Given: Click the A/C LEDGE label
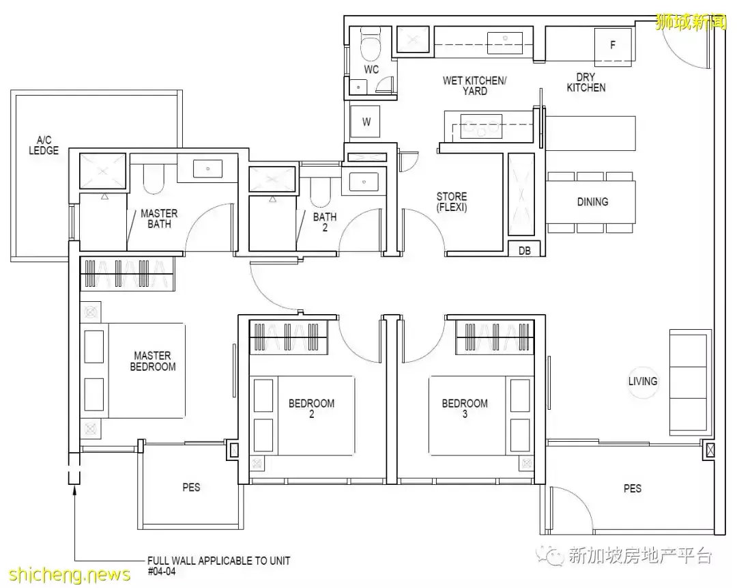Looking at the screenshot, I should (x=44, y=145).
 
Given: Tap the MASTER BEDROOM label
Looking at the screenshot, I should (x=153, y=361).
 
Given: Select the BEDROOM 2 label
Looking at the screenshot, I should (x=312, y=408).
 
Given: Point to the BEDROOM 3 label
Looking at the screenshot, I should (x=465, y=408).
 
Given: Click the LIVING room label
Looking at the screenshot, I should (x=643, y=381).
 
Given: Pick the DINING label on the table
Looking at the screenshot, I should (x=592, y=201).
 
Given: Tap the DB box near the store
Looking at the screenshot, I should (x=524, y=251).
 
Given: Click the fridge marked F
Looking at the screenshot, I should (x=613, y=46).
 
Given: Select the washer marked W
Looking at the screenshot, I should (x=366, y=122).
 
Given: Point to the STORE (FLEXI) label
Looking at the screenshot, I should (x=452, y=202).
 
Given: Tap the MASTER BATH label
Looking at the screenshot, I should (x=159, y=219).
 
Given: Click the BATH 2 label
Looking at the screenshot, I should (x=325, y=222).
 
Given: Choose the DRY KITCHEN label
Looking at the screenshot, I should (x=586, y=82).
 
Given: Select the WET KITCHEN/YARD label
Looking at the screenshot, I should (x=475, y=85).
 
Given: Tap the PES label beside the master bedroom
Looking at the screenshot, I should (x=192, y=488).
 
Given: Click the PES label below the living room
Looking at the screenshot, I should (x=633, y=488).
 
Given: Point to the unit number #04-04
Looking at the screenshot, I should (x=158, y=571).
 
